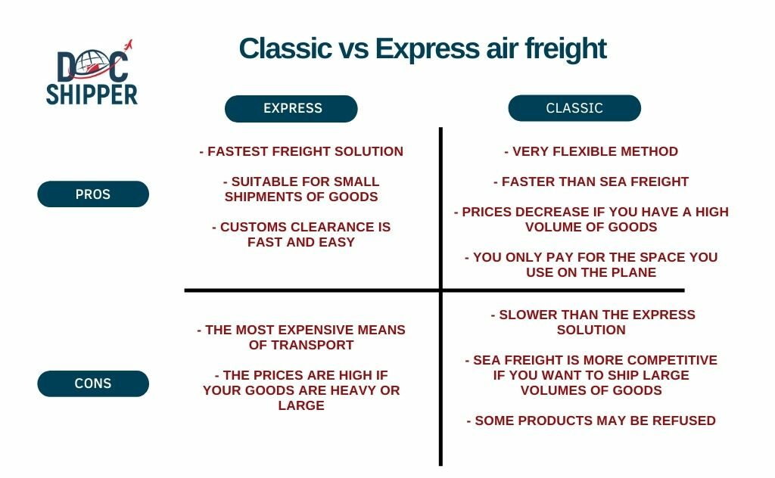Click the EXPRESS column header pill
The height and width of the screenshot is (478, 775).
click(291, 109)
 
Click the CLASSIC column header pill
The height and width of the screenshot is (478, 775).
click(574, 108)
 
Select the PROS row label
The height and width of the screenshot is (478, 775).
click(93, 194)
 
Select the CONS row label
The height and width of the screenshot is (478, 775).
click(93, 383)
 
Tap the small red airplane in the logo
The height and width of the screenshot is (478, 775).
click(128, 45)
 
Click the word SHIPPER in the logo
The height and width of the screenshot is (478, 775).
click(92, 95)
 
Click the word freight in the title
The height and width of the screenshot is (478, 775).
click(565, 49)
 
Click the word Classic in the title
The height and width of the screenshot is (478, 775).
click(285, 49)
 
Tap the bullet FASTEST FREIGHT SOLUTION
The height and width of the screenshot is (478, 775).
click(301, 151)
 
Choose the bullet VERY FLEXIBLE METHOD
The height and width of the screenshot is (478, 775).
click(590, 151)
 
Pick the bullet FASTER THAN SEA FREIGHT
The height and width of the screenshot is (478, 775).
click(590, 182)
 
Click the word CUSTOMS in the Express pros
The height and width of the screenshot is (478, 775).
click(254, 227)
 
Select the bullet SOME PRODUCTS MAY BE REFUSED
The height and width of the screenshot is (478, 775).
click(591, 421)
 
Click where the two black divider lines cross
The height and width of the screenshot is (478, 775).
click(440, 290)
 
